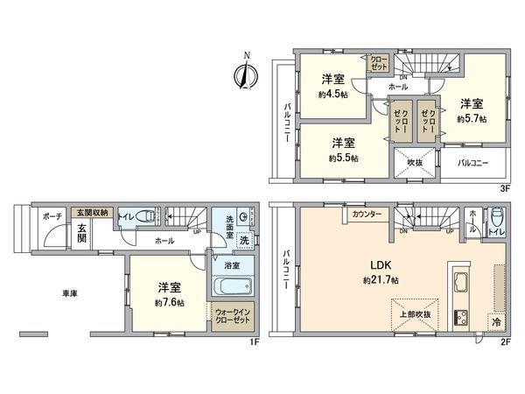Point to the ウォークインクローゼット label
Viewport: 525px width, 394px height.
(x=232, y=315)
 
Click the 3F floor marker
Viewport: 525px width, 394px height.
(x=504, y=186)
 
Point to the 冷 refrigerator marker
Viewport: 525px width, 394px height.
(x=497, y=322)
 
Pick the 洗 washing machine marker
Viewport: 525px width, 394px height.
(x=245, y=241)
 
